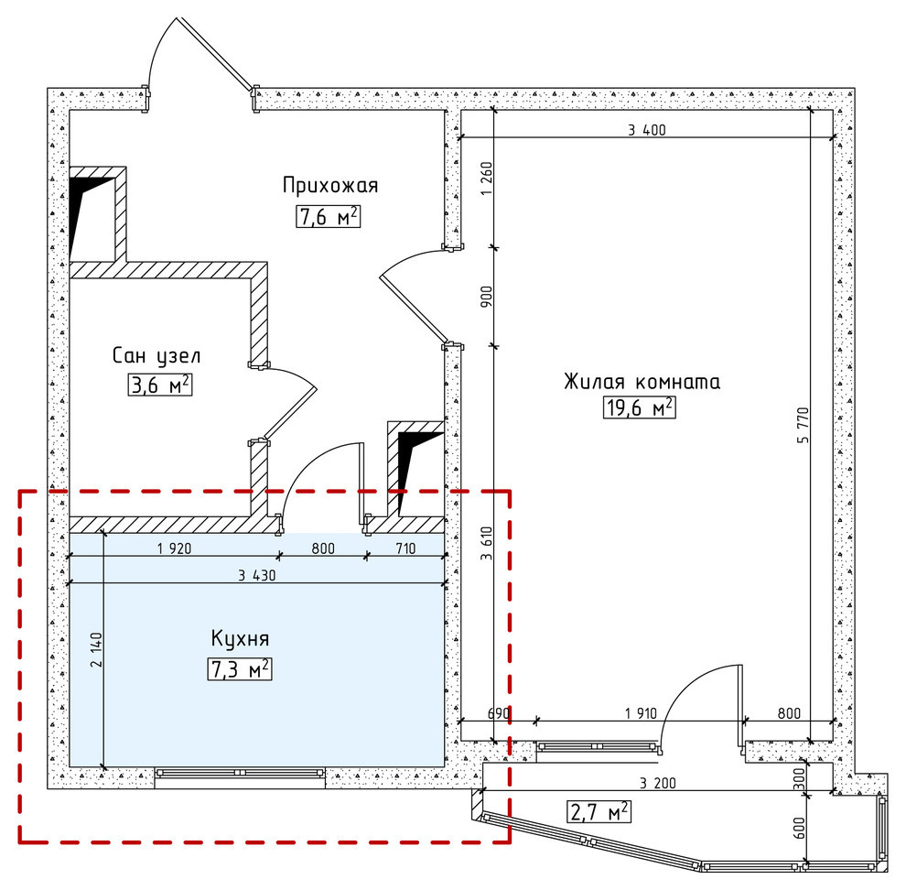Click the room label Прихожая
point(330,186)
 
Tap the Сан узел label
point(156,354)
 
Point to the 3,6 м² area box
point(160,385)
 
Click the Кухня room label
point(240,637)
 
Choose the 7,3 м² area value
point(240,669)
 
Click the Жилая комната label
point(642,381)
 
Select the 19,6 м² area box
point(639,407)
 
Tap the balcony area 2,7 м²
point(599,811)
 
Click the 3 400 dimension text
point(646,129)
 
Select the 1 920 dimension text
point(174,549)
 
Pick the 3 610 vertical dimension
point(486,547)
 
